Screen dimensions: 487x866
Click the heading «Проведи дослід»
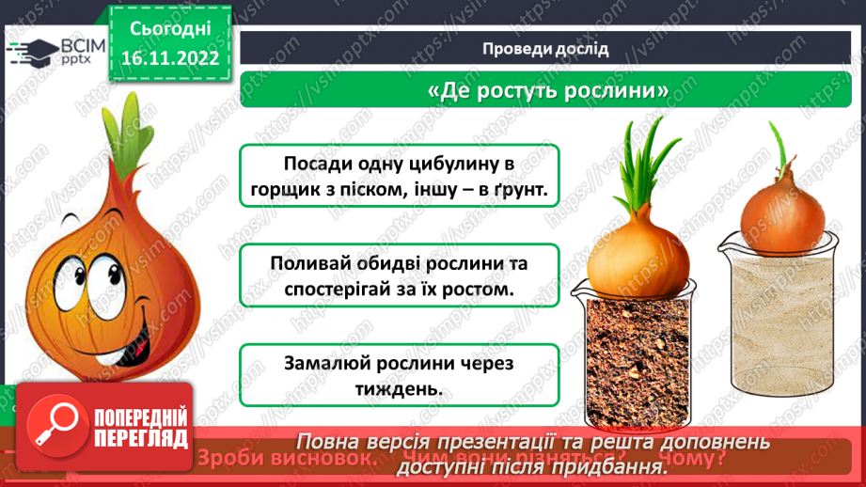545,49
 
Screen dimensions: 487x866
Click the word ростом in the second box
471,291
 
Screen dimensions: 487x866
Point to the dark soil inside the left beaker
638,357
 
